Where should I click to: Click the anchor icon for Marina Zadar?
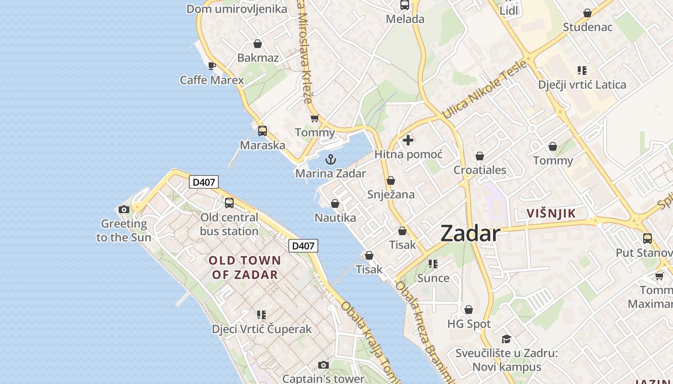[331, 159]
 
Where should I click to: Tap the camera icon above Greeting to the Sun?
[124, 209]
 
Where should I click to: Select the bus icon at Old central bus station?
[229, 203]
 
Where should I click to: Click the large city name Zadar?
[470, 234]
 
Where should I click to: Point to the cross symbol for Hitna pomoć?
[408, 140]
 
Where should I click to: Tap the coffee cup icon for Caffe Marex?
[212, 66]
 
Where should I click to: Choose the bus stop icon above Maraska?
[262, 131]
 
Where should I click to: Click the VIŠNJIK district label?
[551, 214]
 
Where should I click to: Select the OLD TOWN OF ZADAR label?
[245, 267]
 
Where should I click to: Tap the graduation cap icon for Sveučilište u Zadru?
[506, 339]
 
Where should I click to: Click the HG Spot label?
[469, 324]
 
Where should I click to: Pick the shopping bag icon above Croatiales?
[479, 156]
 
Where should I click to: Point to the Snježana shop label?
[391, 194]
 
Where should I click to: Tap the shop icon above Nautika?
[335, 204]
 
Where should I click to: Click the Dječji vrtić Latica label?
[582, 85]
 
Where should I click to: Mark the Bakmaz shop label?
[258, 58]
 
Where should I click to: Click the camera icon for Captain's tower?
[324, 365]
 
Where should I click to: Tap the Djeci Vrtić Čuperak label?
[262, 329]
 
